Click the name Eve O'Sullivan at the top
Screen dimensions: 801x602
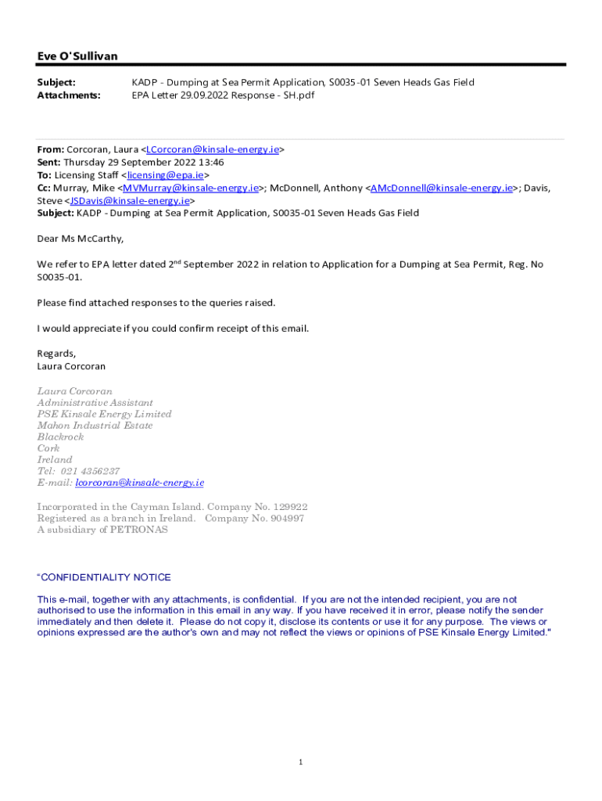coord(77,56)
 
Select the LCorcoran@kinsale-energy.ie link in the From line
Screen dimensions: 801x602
coord(212,149)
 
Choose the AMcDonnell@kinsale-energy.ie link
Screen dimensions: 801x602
coord(442,188)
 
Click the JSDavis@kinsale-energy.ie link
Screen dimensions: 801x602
coord(129,200)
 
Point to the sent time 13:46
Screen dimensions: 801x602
coord(210,163)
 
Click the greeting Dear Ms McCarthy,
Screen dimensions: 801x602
coord(81,239)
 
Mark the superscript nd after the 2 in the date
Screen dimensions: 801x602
coord(177,261)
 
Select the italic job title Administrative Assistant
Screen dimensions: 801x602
coord(95,403)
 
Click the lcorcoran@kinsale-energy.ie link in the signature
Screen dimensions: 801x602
coord(139,483)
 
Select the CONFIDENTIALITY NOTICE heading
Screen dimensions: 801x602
coord(106,577)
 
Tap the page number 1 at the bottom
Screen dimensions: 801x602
coord(300,762)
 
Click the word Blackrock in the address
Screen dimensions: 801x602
coord(60,436)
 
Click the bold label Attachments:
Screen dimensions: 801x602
coord(69,95)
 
